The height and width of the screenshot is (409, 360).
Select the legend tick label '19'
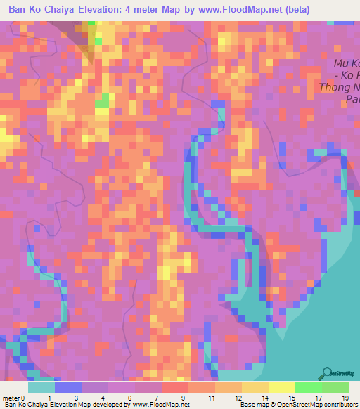click(345, 398)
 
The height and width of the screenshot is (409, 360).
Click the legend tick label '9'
click(184, 398)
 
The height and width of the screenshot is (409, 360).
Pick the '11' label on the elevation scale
click(210, 398)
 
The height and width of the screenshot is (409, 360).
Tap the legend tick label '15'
click(291, 398)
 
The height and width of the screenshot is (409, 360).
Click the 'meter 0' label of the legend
click(15, 398)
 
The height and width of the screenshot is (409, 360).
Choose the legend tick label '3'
click(76, 398)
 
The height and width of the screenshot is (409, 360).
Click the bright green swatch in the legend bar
click(308, 387)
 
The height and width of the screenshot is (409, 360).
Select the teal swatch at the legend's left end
click(41, 387)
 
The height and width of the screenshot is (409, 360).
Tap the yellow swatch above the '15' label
click(281, 387)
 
